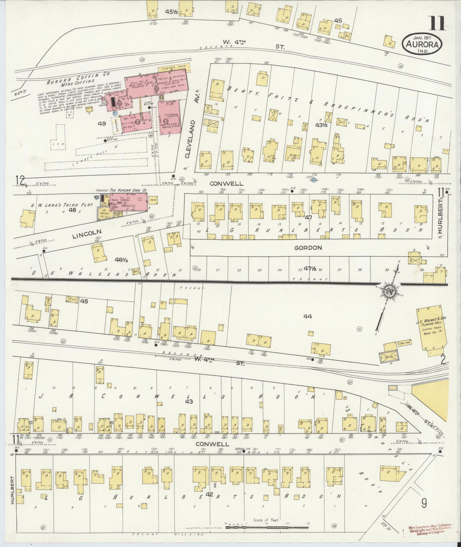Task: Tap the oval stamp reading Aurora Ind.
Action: [x=422, y=45]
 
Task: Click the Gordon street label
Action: [x=308, y=248]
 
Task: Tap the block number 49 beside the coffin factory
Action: [x=102, y=124]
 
